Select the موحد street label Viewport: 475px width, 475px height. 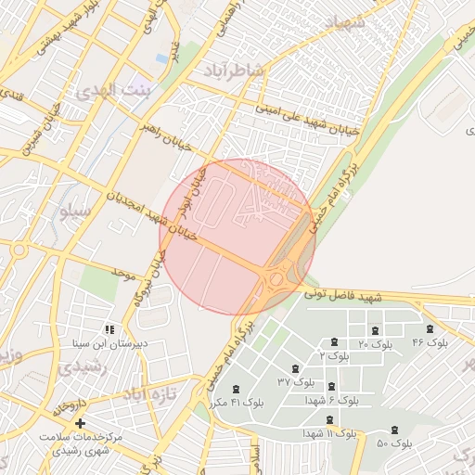(x=122, y=273)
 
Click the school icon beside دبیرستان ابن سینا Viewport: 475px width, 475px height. (x=109, y=329)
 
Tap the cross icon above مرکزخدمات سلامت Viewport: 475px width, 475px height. (x=80, y=423)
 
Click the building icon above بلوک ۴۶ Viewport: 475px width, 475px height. (x=430, y=329)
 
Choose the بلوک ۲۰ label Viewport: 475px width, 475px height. (x=377, y=344)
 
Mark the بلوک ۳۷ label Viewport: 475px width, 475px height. (x=296, y=381)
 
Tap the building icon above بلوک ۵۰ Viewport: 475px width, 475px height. (x=395, y=430)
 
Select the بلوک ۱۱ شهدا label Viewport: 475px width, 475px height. (x=329, y=433)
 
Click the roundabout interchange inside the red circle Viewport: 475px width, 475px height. (x=275, y=278)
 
